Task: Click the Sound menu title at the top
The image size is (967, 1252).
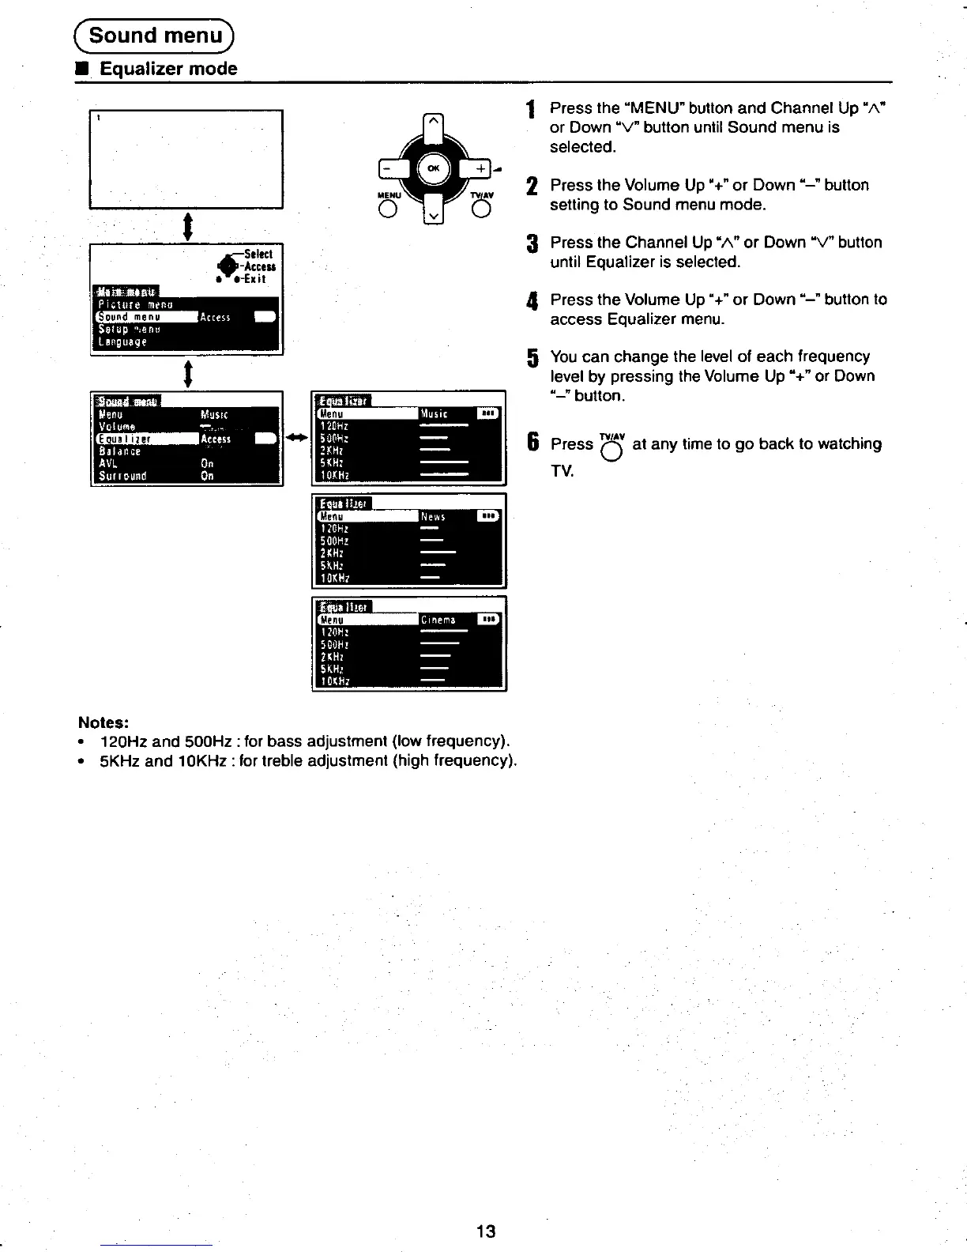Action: pos(155,36)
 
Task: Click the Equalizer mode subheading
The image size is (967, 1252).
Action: pos(168,69)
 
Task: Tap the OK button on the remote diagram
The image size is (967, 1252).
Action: pos(434,168)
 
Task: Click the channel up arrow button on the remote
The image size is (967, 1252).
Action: pos(434,124)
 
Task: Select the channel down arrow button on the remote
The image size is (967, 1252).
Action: pos(434,213)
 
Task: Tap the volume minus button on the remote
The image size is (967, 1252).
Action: pos(388,168)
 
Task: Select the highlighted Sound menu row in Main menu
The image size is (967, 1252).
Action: pos(146,317)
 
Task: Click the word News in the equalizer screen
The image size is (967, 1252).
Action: pos(433,517)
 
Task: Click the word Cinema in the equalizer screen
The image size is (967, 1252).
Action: pos(438,620)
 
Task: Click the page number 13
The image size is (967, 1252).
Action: pos(486,1231)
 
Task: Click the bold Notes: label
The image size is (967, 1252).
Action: pos(103,722)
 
